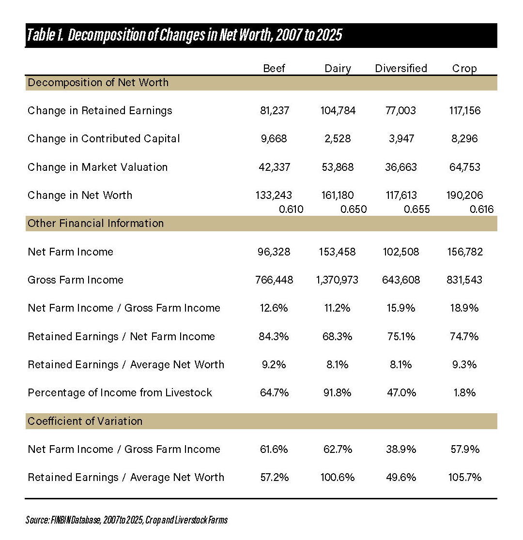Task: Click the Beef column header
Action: [x=274, y=68]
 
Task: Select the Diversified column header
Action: [x=401, y=68]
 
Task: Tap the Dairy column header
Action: [x=338, y=69]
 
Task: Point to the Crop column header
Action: [x=464, y=69]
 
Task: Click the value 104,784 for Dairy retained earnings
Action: [x=338, y=110]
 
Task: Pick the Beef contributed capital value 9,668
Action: [x=274, y=139]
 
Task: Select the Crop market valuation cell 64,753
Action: [x=465, y=167]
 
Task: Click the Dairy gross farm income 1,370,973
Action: [x=337, y=280]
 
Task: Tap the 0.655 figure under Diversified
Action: [x=417, y=210]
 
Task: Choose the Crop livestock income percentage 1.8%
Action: [x=465, y=392]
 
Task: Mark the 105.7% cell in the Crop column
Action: [x=465, y=477]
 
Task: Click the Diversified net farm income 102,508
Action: [x=401, y=252]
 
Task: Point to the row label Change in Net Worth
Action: [x=80, y=195]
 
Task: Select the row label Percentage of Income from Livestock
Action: [x=120, y=393]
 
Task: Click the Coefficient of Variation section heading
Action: [x=85, y=421]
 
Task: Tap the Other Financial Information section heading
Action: [x=95, y=223]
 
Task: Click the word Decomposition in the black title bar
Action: [x=107, y=35]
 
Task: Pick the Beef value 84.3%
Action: [x=274, y=336]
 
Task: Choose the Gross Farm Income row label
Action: [x=76, y=280]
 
